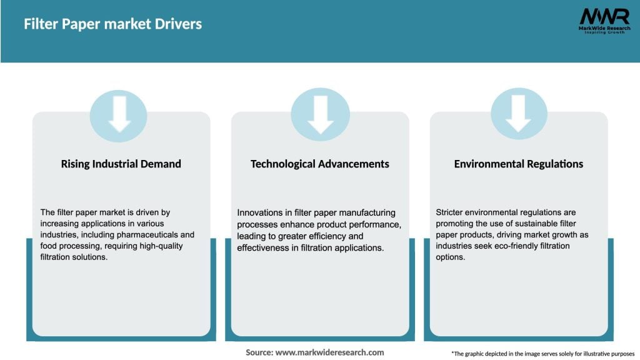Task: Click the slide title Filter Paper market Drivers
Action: tap(112, 24)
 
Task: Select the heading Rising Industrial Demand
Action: tap(121, 164)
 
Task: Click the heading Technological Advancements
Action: tap(319, 164)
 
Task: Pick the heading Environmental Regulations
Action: tap(518, 164)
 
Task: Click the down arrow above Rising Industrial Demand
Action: tap(119, 114)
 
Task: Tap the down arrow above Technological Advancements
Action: tap(320, 114)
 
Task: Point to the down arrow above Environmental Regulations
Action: tap(518, 114)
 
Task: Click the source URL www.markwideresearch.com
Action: tap(331, 352)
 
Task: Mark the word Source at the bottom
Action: tap(259, 352)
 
